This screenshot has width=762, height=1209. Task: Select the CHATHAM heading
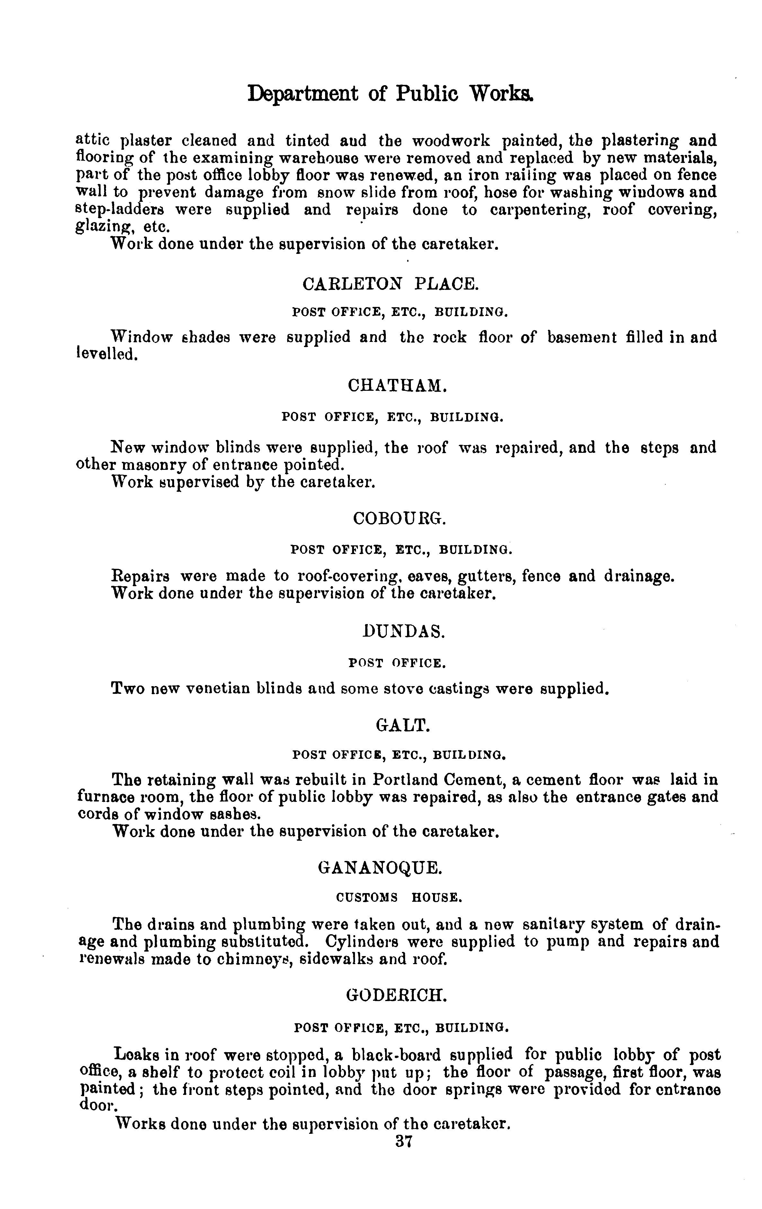396,386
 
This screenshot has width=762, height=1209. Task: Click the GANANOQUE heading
380,868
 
